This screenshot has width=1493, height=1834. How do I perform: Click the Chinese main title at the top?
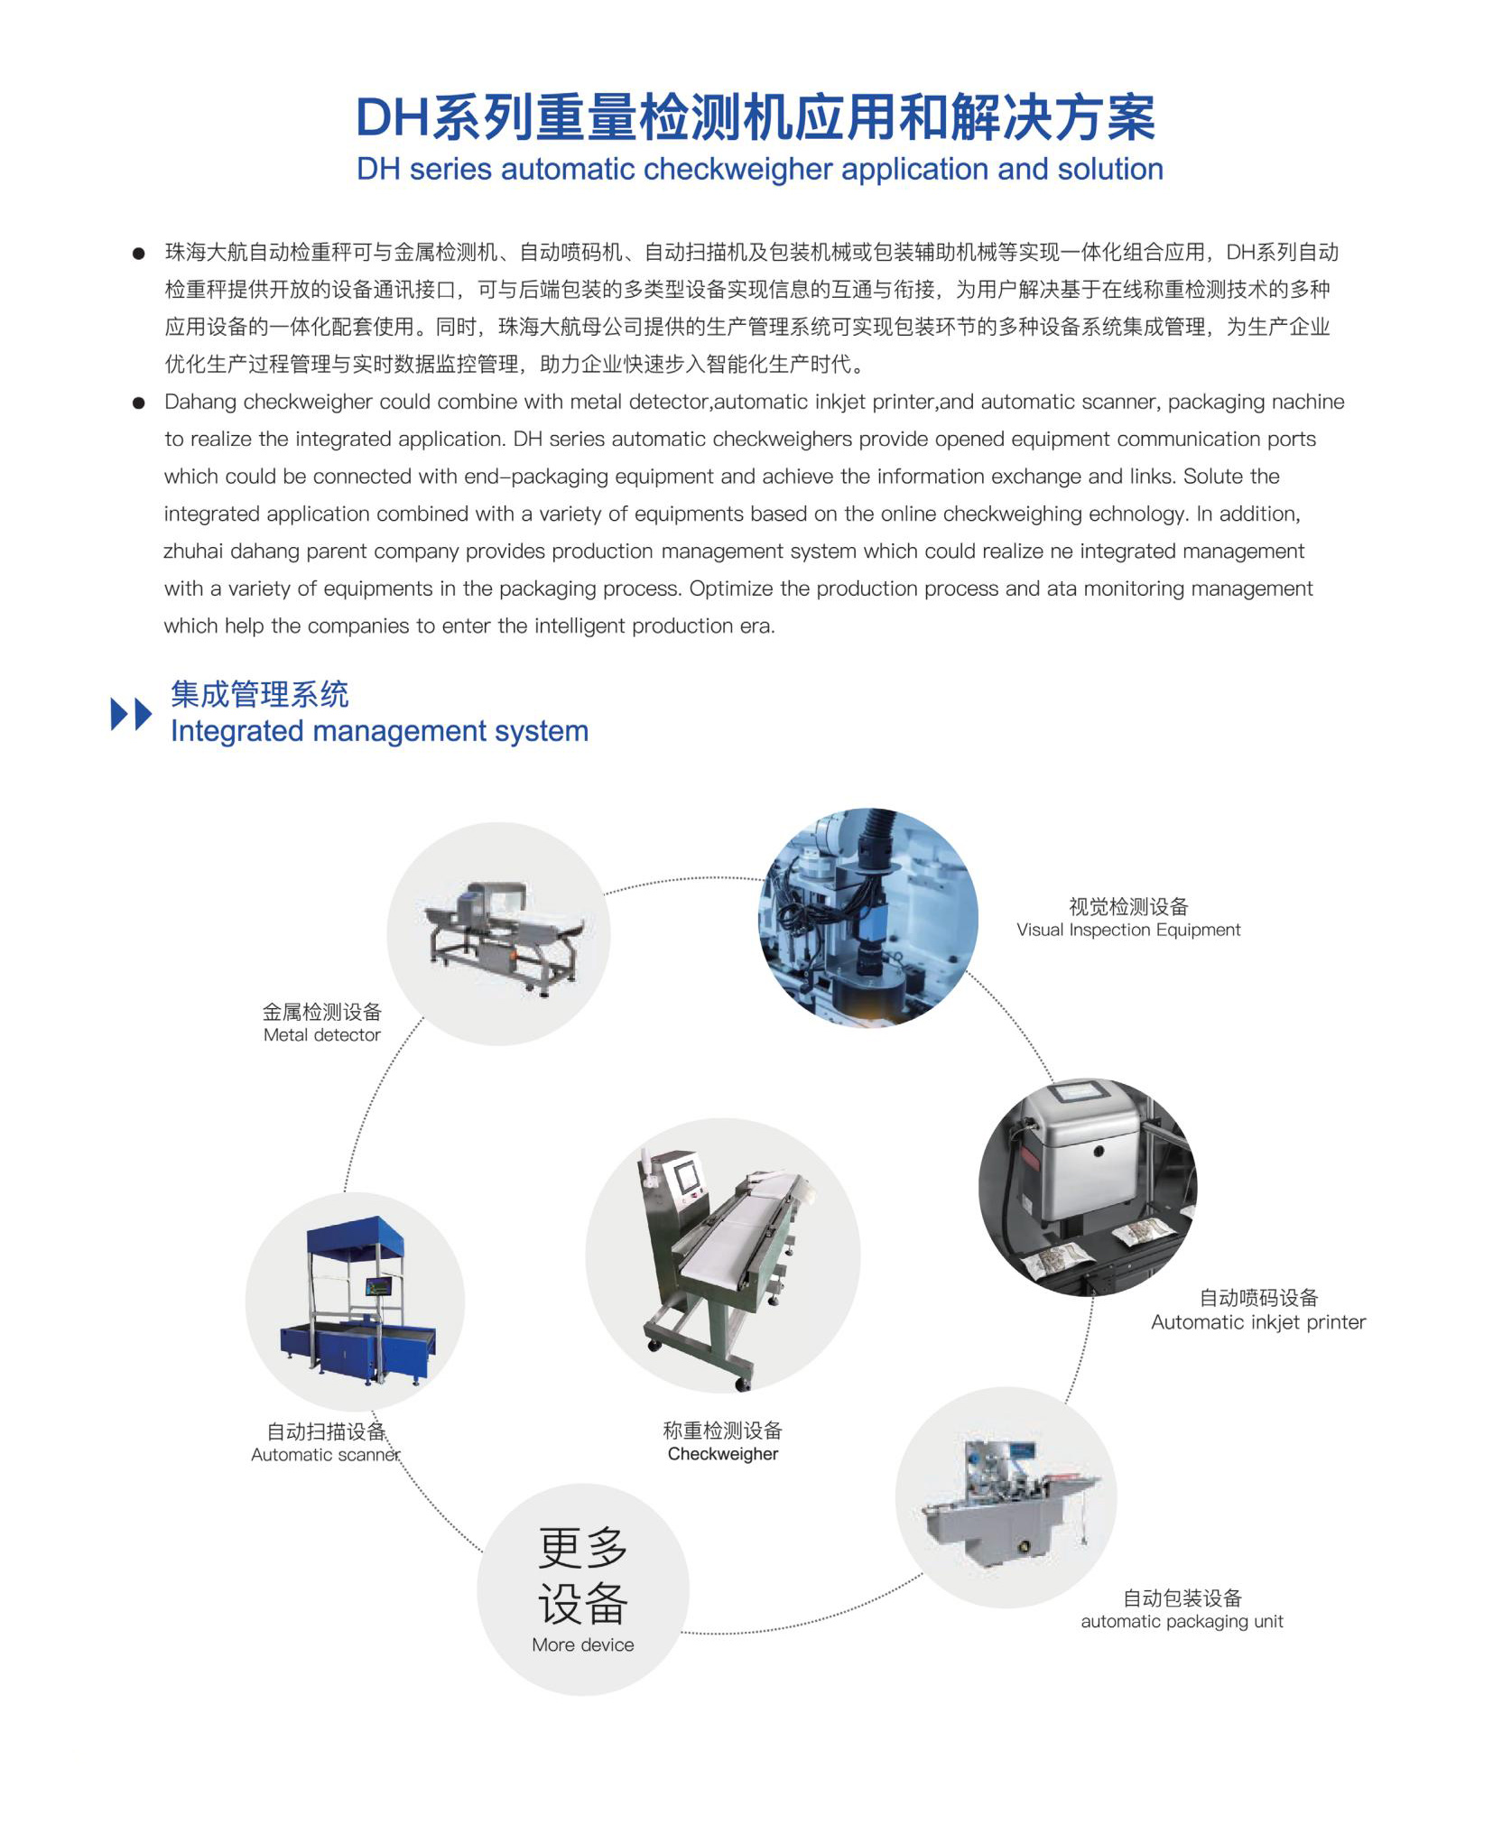(755, 117)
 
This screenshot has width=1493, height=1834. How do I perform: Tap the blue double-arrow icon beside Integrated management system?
(131, 714)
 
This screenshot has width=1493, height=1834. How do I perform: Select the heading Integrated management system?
(379, 731)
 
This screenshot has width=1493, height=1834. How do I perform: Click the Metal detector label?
(321, 1035)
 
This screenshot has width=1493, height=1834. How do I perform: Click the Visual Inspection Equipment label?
(1127, 930)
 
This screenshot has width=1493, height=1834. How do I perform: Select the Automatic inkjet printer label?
(1257, 1322)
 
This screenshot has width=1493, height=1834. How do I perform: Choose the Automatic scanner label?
(325, 1455)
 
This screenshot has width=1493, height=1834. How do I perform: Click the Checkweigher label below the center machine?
(722, 1454)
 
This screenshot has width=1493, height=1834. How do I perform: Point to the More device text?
(582, 1644)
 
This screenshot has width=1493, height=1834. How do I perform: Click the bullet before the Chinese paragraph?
(138, 254)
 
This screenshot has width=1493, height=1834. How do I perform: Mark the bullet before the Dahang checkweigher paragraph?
(138, 403)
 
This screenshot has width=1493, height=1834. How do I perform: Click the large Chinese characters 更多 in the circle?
(582, 1549)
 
